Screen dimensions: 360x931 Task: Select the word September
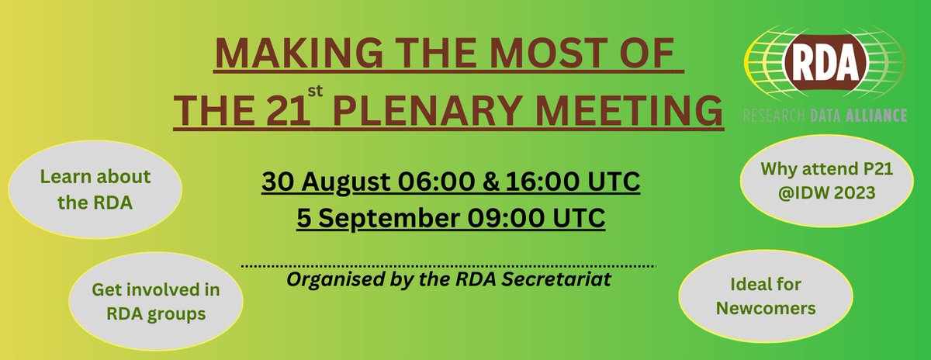tap(375, 218)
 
